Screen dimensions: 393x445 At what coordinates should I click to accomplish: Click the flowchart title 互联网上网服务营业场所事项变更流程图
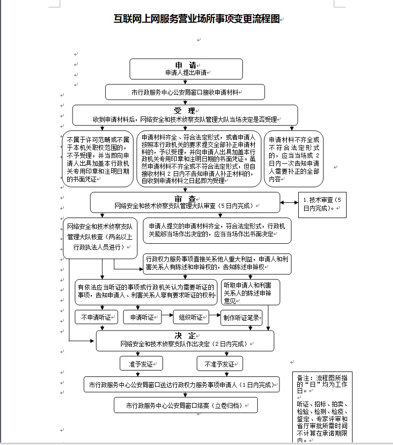coord(196,19)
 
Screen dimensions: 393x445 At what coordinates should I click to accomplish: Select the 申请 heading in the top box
coord(186,65)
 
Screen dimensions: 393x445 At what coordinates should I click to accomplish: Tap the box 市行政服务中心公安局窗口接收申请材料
coord(185,92)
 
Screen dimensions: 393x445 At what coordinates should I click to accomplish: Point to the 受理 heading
coord(185,111)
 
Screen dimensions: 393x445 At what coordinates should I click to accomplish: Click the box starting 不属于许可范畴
coord(98,159)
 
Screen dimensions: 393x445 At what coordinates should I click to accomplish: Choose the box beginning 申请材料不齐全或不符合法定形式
coord(294,159)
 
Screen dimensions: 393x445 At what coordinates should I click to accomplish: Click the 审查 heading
coord(185,199)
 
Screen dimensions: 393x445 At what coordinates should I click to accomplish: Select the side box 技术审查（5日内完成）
coord(322,205)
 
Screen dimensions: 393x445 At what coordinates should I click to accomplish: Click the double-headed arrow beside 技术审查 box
coord(289,202)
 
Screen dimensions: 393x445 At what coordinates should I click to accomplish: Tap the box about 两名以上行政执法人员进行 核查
coord(100,238)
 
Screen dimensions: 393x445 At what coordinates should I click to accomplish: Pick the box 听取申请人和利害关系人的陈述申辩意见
coord(250,293)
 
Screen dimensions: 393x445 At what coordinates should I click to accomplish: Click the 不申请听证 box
coord(96,317)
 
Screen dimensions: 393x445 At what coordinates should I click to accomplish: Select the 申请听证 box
coord(142,317)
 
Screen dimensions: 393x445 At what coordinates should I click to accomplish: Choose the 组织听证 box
coord(191,317)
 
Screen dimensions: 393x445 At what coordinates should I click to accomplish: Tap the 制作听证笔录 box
coord(241,318)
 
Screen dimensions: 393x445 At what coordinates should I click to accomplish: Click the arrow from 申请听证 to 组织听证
coord(167,315)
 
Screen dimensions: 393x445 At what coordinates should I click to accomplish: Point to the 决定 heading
coord(185,336)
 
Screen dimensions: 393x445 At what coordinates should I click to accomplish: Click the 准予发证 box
coord(141,364)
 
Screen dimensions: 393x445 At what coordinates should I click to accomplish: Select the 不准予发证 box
coord(220,364)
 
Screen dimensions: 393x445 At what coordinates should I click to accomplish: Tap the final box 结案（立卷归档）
coord(186,405)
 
